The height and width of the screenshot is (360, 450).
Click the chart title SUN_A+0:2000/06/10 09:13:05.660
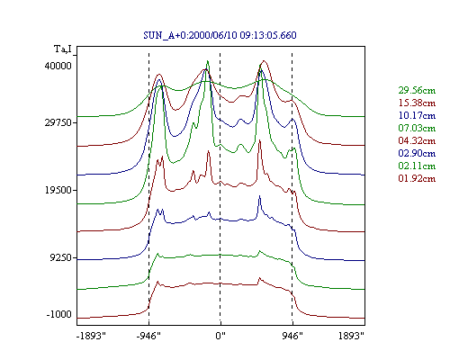[x=220, y=35]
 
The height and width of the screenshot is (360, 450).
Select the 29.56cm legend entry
[x=417, y=90]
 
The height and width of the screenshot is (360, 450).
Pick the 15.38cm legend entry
[x=417, y=103]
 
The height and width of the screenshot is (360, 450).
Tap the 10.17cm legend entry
[x=417, y=115]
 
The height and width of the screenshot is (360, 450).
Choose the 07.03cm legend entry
[x=417, y=128]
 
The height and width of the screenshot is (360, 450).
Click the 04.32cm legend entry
[x=417, y=140]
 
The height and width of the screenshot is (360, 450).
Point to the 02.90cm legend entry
[x=417, y=153]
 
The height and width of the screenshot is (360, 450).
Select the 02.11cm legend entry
[x=417, y=166]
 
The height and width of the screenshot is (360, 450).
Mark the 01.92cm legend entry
[x=417, y=178]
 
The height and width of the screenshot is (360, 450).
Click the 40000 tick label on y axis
[x=58, y=66]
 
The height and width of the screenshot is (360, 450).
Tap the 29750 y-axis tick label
[x=58, y=123]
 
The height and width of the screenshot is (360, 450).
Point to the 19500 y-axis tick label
[x=58, y=190]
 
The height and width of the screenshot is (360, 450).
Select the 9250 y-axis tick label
[x=61, y=257]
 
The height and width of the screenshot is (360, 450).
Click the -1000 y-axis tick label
[x=59, y=314]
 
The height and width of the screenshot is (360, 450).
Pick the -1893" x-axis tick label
[x=91, y=336]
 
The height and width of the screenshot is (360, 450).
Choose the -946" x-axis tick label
[x=148, y=336]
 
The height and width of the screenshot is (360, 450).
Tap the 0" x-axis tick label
[x=220, y=336]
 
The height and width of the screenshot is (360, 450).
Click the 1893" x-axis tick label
[x=351, y=336]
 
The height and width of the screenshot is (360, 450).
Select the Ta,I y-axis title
[x=63, y=49]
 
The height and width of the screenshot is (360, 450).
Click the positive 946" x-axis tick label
[x=292, y=336]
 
